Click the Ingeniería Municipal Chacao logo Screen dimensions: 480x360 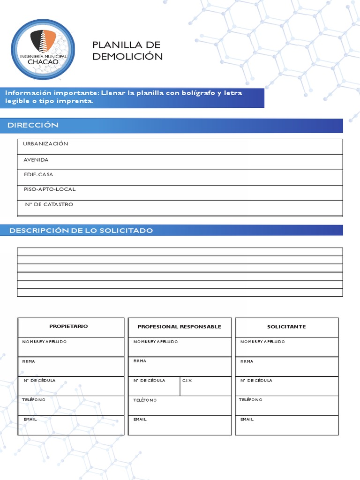point(43,49)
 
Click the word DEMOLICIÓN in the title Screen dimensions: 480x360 point(127,57)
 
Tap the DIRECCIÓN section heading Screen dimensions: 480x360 point(33,125)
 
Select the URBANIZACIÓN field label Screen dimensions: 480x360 point(45,144)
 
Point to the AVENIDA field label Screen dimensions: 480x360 point(36,160)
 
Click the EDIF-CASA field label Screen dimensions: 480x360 point(38,174)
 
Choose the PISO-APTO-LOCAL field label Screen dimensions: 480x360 point(50,189)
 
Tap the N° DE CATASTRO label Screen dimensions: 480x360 point(49,204)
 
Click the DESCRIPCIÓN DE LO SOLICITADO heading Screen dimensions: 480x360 point(81,231)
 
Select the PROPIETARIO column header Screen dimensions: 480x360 point(68,326)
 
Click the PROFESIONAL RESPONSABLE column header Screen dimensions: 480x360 point(179,327)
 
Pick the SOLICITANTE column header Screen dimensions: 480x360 point(286,327)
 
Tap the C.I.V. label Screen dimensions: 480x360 point(187,381)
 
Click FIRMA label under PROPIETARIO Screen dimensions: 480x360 point(29,361)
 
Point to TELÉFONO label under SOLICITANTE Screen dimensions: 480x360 point(251,400)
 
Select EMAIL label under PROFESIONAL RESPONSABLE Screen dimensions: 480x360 point(140,420)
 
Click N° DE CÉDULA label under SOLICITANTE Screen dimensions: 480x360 point(256,381)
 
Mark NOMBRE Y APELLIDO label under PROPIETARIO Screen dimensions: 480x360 point(45,342)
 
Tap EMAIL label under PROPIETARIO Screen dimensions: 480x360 point(30,419)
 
